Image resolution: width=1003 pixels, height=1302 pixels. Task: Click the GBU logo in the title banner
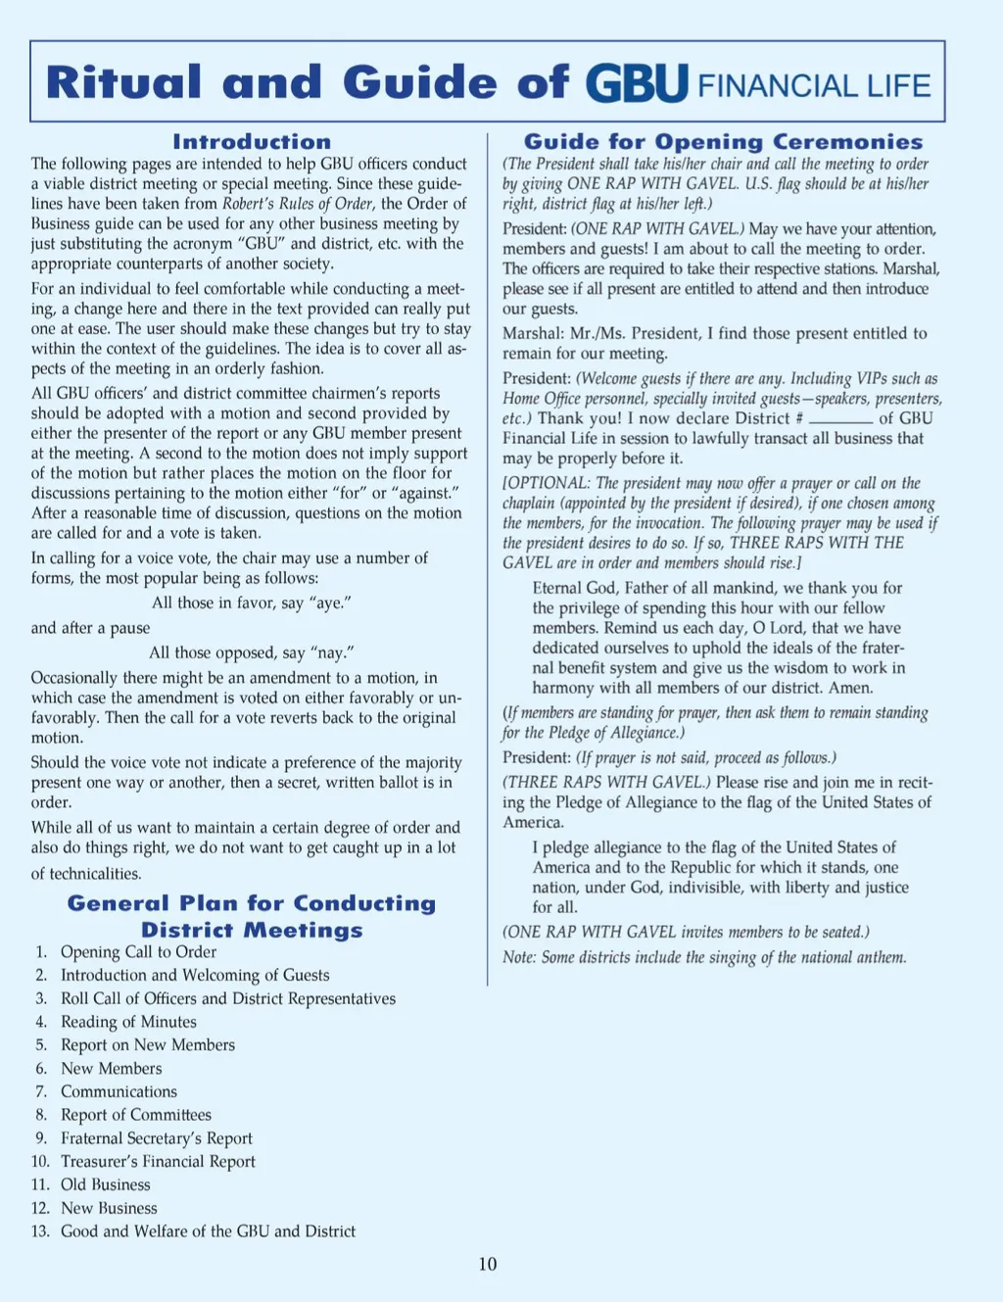(x=637, y=84)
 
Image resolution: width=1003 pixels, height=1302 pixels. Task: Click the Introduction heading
(x=252, y=142)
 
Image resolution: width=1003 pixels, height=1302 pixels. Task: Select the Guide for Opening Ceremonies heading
(x=723, y=142)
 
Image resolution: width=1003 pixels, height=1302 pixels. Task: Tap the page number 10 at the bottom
(x=488, y=1264)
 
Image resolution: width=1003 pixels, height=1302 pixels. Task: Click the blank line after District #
(x=840, y=419)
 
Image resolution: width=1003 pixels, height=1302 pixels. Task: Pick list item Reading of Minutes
(x=128, y=1022)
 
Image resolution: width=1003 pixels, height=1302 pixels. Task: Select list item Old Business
(x=106, y=1184)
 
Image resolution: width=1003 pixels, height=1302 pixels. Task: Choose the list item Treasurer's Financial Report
(x=158, y=1161)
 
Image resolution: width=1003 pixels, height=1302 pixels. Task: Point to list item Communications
(x=119, y=1091)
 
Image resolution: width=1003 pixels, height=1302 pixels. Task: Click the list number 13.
(x=40, y=1231)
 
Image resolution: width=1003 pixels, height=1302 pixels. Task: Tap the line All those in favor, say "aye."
(x=252, y=603)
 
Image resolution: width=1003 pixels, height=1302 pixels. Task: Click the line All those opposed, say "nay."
(x=252, y=652)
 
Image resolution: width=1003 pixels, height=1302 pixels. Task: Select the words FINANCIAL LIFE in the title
(x=814, y=86)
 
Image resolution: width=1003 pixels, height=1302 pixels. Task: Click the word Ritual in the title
(x=124, y=82)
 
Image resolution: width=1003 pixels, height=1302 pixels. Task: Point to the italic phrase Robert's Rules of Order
(x=298, y=204)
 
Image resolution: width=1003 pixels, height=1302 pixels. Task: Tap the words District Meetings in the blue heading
(x=252, y=930)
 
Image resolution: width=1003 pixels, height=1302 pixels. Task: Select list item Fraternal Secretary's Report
(x=157, y=1138)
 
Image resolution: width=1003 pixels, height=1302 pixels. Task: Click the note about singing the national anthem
(x=704, y=957)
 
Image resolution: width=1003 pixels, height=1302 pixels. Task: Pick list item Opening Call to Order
(x=138, y=952)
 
